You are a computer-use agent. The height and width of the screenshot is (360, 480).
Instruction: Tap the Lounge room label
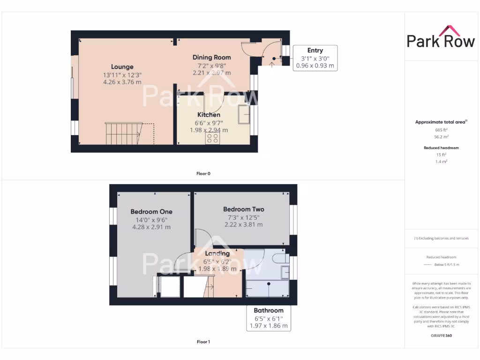122,67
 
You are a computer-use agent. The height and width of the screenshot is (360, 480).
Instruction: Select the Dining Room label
211,57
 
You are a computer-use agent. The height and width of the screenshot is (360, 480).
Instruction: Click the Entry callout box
315,58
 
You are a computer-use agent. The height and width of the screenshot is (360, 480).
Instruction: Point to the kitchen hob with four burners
212,138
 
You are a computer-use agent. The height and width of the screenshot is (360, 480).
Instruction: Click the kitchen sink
244,114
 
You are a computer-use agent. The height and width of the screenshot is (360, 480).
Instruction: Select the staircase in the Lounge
123,134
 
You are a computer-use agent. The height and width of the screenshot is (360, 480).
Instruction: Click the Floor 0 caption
203,173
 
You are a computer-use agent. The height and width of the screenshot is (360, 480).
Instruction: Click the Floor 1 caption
203,342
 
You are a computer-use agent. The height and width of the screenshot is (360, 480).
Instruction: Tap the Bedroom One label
151,211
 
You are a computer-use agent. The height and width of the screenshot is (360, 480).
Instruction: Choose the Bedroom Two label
243,209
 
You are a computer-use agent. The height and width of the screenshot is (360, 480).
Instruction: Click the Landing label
217,254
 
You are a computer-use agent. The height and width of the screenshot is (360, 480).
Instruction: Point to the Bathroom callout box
269,318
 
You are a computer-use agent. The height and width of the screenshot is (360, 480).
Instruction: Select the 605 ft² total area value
441,129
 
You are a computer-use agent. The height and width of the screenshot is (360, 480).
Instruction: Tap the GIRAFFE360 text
441,336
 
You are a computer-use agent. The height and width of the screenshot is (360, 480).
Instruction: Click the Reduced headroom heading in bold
441,148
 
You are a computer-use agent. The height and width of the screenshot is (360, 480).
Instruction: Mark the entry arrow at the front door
272,63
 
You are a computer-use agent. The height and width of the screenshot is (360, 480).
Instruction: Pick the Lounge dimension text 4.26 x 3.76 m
122,82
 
